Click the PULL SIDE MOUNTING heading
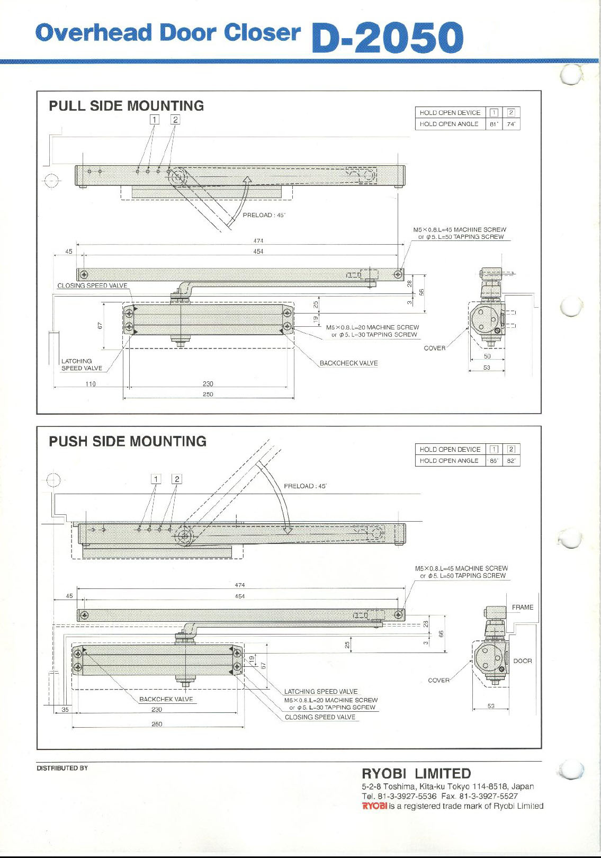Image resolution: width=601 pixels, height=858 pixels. [126, 106]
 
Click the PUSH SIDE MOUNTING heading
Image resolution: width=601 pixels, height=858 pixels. [127, 441]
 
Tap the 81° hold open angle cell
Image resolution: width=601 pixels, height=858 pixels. [494, 124]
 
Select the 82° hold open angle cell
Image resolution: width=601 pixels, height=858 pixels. [511, 461]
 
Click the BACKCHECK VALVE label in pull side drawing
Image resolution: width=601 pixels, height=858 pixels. [348, 363]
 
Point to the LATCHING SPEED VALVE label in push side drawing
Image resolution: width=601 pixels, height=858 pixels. [320, 692]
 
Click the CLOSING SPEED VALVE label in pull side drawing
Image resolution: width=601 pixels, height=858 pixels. [92, 285]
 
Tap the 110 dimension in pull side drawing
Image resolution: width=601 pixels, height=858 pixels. [91, 384]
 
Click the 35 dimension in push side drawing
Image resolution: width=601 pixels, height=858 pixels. [65, 710]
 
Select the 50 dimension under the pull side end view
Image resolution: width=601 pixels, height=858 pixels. [487, 356]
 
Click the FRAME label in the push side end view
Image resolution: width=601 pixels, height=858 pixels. [522, 607]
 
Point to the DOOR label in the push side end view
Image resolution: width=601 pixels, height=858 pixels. [522, 661]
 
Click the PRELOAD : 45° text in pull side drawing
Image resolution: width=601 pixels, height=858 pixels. [264, 216]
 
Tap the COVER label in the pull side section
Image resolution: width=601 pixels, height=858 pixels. [435, 348]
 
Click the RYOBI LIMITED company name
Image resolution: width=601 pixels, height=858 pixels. [416, 774]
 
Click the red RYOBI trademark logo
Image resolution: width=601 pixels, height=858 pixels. [374, 806]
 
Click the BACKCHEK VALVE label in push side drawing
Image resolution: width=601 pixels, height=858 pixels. [166, 699]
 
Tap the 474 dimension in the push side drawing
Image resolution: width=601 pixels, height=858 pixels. [240, 585]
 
